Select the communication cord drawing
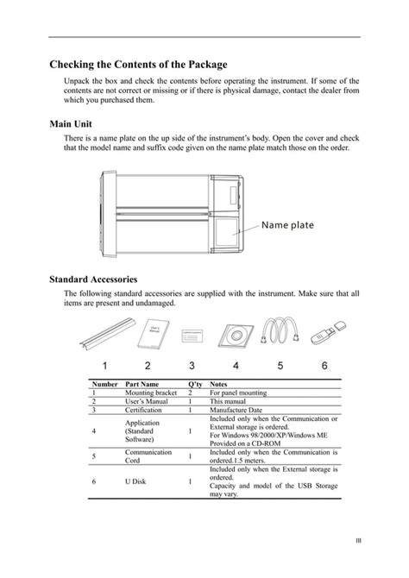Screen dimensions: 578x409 tap(280, 332)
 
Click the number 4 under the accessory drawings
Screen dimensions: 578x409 tap(236, 365)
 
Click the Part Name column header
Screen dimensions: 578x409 tap(142, 384)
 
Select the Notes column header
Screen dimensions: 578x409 tap(219, 384)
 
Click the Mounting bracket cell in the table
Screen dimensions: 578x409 tap(151, 393)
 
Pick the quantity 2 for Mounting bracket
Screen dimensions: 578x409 tap(190, 393)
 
